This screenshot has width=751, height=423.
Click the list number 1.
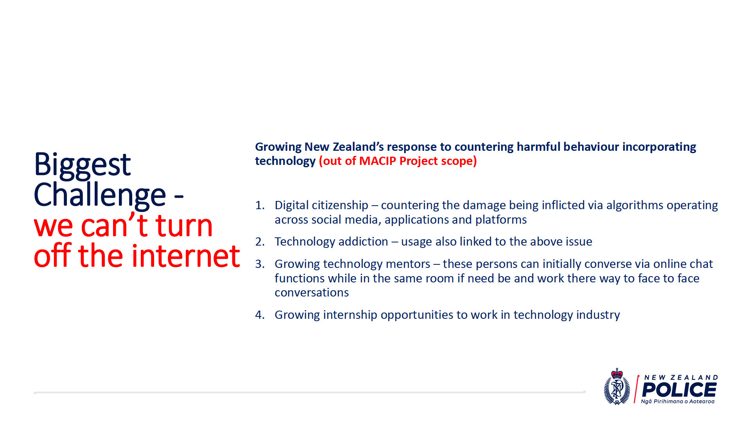coord(260,205)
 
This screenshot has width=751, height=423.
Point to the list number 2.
coord(260,242)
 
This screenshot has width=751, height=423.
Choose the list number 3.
coord(260,264)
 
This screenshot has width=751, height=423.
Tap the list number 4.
coord(260,315)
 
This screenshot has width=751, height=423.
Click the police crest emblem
coord(617,387)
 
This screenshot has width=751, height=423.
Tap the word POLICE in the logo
coord(679,390)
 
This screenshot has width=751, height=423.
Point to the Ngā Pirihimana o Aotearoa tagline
coord(677,401)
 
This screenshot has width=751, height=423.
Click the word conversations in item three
coord(312,293)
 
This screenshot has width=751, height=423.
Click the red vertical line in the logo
coord(636,389)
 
